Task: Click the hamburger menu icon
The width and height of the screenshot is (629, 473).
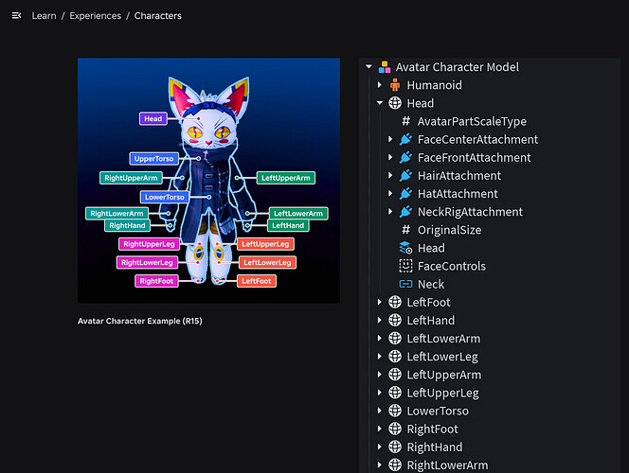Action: (16, 16)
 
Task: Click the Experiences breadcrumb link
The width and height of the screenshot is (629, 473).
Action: (95, 16)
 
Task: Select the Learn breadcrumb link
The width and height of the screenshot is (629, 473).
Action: (45, 16)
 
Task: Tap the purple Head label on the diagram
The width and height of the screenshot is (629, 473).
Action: (153, 118)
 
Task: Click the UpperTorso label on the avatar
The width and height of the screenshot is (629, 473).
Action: (154, 159)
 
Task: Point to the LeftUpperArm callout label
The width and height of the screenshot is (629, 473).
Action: (286, 178)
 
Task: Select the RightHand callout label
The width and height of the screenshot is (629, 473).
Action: (127, 225)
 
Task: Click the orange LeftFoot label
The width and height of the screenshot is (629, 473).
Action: (257, 281)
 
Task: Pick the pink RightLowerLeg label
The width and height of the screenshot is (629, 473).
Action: (147, 262)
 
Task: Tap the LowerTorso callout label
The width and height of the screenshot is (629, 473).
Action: (165, 197)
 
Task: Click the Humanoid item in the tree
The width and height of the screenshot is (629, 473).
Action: (434, 85)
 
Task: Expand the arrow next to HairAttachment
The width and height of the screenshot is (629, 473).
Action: (390, 175)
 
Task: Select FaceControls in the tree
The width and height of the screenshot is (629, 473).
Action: (451, 266)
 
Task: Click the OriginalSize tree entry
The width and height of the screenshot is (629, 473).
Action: (449, 230)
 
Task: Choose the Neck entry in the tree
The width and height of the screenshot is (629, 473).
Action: (431, 284)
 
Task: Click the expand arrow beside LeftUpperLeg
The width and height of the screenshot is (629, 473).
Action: (380, 393)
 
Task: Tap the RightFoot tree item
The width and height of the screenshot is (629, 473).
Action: (432, 429)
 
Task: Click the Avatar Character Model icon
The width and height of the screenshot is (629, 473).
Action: (385, 67)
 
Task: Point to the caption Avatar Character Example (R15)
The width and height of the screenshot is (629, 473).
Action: (140, 321)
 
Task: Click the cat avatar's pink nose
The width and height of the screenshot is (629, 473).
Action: (208, 142)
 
